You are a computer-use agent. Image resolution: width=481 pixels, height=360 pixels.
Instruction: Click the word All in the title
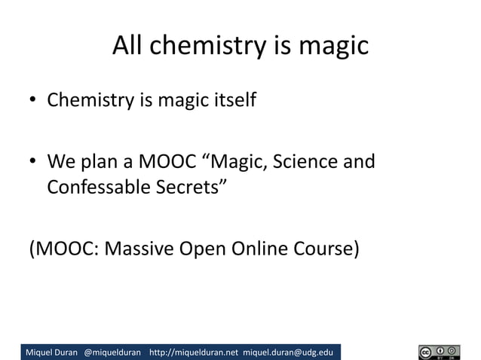click(x=130, y=47)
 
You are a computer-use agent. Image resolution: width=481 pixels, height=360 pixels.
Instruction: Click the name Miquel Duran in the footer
click(x=52, y=352)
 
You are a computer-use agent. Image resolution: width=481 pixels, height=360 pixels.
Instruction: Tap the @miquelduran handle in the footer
click(x=112, y=352)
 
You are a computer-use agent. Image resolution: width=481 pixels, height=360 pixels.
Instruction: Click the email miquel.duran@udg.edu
click(x=289, y=352)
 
